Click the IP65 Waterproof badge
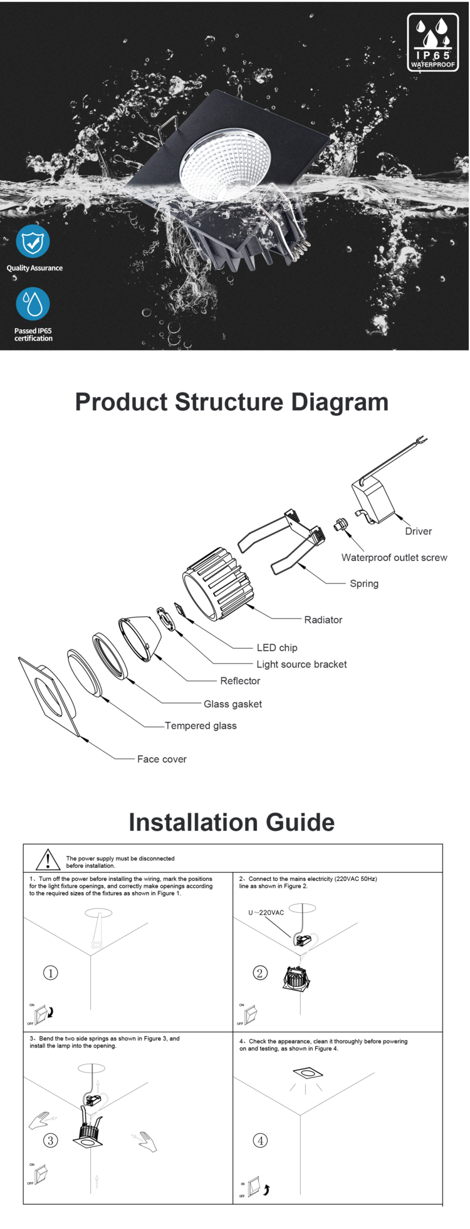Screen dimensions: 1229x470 pyautogui.click(x=432, y=43)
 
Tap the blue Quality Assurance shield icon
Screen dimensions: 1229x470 pyautogui.click(x=33, y=241)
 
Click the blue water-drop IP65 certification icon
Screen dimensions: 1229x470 pyautogui.click(x=33, y=304)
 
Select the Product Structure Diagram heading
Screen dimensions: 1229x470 pyautogui.click(x=231, y=402)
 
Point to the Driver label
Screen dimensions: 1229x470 pyautogui.click(x=418, y=532)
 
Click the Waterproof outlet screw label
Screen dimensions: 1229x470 pyautogui.click(x=394, y=558)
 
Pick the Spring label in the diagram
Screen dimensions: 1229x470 pyautogui.click(x=364, y=584)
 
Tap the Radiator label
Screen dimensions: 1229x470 pyautogui.click(x=323, y=620)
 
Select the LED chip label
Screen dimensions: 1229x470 pyautogui.click(x=277, y=648)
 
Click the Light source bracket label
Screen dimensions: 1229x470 pyautogui.click(x=301, y=664)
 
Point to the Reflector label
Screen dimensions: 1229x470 pyautogui.click(x=240, y=681)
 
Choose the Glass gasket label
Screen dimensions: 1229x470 pyautogui.click(x=232, y=704)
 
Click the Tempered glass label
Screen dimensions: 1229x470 pyautogui.click(x=201, y=726)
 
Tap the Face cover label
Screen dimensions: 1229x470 pyautogui.click(x=162, y=759)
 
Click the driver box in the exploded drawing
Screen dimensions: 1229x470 pyautogui.click(x=373, y=498)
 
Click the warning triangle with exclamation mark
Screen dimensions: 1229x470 pyautogui.click(x=48, y=860)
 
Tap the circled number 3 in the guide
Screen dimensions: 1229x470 pyautogui.click(x=50, y=1140)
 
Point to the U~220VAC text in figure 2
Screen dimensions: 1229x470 pyautogui.click(x=266, y=913)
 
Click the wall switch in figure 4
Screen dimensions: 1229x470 pyautogui.click(x=254, y=1187)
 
